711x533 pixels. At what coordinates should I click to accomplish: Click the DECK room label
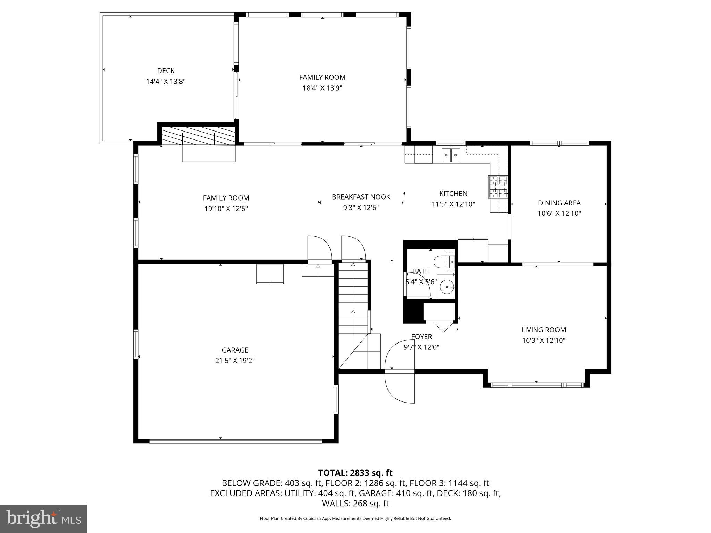166,71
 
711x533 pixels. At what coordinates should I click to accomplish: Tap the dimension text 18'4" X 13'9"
322,88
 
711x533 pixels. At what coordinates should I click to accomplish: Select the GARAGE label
235,350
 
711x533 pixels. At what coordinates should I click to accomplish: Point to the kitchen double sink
451,155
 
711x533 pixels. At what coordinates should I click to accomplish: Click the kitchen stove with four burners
498,187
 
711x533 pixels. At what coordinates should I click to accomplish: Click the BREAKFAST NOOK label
361,197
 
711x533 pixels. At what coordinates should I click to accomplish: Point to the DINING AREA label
559,203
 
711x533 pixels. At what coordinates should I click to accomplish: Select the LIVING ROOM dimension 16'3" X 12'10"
543,340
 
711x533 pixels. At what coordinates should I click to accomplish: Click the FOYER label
421,337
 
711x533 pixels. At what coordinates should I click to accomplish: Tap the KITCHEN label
453,194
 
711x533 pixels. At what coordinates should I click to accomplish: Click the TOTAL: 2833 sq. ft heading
355,473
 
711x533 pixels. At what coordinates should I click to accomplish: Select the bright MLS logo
43,518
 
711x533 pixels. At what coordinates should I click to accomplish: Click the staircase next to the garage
353,305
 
